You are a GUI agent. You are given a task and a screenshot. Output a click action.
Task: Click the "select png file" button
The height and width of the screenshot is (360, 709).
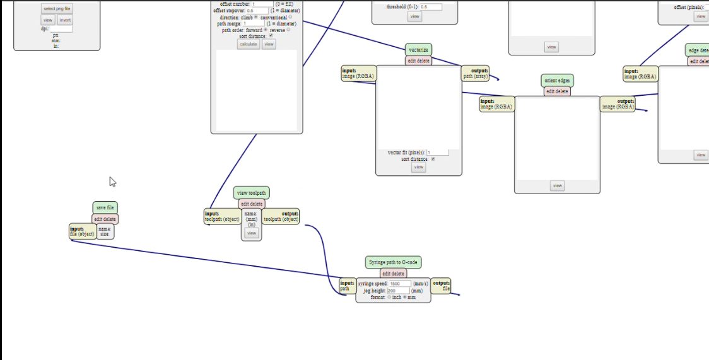point(57,9)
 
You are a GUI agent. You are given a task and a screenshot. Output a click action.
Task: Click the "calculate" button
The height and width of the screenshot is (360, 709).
point(249,44)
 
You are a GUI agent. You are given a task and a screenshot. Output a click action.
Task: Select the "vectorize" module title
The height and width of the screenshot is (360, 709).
point(418,50)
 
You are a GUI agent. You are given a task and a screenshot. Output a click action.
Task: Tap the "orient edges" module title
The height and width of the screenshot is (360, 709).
point(557,81)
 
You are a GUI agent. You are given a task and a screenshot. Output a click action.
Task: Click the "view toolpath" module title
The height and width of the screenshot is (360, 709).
point(251,193)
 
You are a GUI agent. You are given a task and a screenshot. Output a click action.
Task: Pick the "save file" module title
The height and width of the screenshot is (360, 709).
point(105,207)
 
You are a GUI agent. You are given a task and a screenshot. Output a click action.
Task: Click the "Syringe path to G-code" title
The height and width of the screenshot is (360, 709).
point(393,262)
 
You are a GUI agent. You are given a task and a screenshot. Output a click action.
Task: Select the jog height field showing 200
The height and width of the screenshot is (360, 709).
point(397,291)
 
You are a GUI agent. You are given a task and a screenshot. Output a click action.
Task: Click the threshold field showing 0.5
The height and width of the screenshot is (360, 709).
point(431,7)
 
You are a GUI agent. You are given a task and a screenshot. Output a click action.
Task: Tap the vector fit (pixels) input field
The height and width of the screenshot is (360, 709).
point(438,153)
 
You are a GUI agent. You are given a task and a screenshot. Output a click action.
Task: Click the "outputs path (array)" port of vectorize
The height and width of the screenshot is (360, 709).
point(476,74)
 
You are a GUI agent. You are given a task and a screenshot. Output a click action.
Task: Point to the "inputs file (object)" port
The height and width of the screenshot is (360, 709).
point(82,231)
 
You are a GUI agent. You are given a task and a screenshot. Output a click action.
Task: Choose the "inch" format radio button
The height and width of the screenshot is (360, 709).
point(389,297)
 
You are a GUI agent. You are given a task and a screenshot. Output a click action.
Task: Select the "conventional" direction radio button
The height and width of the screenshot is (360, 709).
point(290,17)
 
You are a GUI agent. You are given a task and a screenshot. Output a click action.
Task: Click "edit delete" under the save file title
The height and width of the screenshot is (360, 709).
point(105,219)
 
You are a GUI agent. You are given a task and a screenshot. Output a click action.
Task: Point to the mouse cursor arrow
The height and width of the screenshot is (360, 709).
point(112,181)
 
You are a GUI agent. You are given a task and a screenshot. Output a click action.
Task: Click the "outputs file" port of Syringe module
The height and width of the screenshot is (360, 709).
point(441,286)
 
